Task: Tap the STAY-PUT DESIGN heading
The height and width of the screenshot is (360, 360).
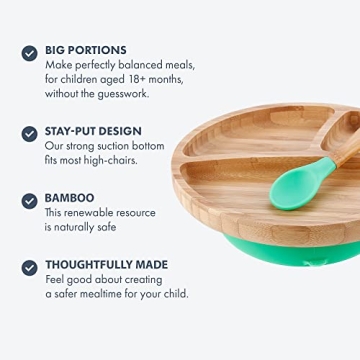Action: (x=93, y=131)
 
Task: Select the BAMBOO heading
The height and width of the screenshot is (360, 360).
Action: (x=69, y=199)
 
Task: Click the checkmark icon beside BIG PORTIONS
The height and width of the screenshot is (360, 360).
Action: (x=29, y=53)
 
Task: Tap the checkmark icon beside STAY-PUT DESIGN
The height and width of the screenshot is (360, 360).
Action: (x=29, y=133)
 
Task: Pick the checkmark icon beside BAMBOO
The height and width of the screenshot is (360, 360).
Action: (x=29, y=201)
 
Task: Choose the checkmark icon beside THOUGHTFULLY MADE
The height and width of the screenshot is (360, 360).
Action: (x=29, y=268)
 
